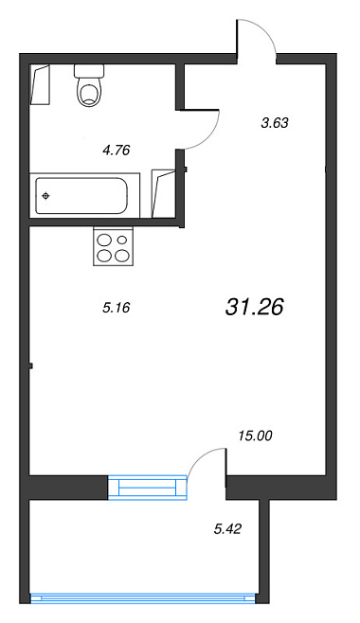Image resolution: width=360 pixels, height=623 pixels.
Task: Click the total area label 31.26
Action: click(x=254, y=307)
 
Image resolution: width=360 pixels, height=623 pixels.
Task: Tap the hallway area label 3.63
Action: click(x=274, y=123)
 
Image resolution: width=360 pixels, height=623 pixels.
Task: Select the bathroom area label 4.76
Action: click(x=117, y=151)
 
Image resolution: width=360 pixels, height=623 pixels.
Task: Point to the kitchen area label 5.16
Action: click(x=117, y=307)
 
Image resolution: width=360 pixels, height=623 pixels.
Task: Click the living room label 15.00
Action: click(x=256, y=436)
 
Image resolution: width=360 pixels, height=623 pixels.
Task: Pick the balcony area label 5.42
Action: click(x=227, y=529)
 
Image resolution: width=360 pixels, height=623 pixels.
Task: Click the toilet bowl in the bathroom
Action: click(x=89, y=92)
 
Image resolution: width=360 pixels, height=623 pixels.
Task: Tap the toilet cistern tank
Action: click(x=89, y=71)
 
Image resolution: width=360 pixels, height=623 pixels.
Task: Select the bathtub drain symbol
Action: click(x=46, y=195)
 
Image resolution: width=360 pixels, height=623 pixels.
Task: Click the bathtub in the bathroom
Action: click(x=84, y=195)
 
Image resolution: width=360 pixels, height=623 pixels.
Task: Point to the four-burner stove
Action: click(x=114, y=246)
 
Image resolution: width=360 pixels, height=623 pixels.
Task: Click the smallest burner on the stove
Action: click(x=122, y=240)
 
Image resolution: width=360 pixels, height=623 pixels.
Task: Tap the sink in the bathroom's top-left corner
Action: click(x=41, y=84)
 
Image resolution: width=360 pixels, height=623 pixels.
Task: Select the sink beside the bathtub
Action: click(x=163, y=194)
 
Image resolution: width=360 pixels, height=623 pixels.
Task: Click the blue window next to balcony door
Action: click(x=147, y=487)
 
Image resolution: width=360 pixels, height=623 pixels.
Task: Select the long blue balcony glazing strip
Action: click(x=143, y=598)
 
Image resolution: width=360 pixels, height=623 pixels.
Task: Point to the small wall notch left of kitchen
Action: click(x=30, y=365)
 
